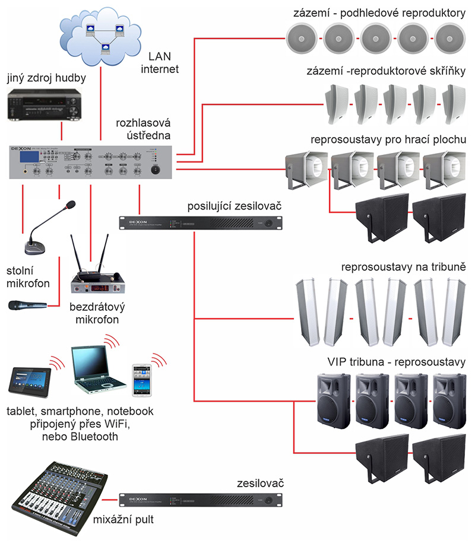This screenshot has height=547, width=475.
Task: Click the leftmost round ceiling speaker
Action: [304, 39]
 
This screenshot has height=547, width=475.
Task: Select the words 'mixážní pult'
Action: [123, 520]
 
